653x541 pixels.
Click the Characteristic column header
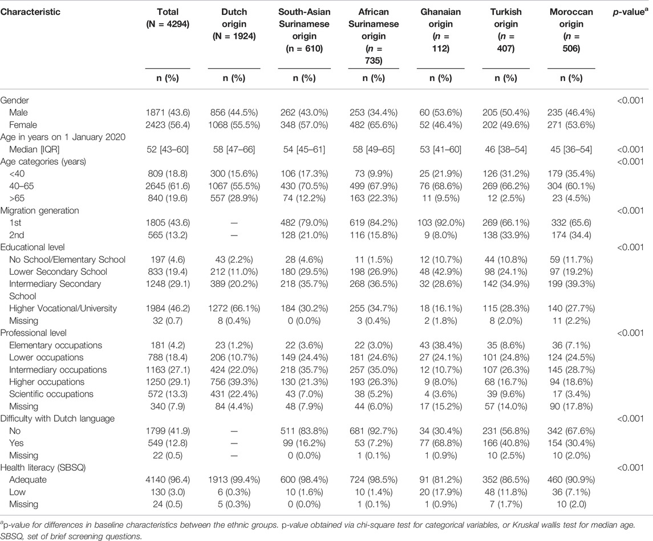pyautogui.click(x=30, y=11)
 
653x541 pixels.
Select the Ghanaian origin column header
pyautogui.click(x=441, y=30)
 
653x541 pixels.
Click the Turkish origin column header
pyautogui.click(x=506, y=30)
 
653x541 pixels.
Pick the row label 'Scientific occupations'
pyautogui.click(x=51, y=394)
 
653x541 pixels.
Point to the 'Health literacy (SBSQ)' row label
pyautogui.click(x=43, y=467)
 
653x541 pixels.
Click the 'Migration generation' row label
pyautogui.click(x=39, y=210)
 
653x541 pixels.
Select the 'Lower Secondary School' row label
pyautogui.click(x=58, y=272)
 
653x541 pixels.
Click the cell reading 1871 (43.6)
pyautogui.click(x=168, y=112)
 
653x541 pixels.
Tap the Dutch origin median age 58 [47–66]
pyautogui.click(x=234, y=149)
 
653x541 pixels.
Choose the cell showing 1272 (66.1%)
pyautogui.click(x=234, y=308)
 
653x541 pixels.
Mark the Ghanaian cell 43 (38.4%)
pyautogui.click(x=441, y=345)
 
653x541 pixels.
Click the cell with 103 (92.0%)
pyautogui.click(x=441, y=223)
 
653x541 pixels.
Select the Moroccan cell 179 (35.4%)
pyautogui.click(x=571, y=173)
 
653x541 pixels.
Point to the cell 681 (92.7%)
pyautogui.click(x=374, y=431)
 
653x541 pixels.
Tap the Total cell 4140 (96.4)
pyautogui.click(x=168, y=480)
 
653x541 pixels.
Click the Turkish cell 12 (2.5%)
pyautogui.click(x=506, y=198)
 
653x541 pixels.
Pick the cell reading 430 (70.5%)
pyautogui.click(x=304, y=186)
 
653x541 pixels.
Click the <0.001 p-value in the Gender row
pyautogui.click(x=631, y=100)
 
